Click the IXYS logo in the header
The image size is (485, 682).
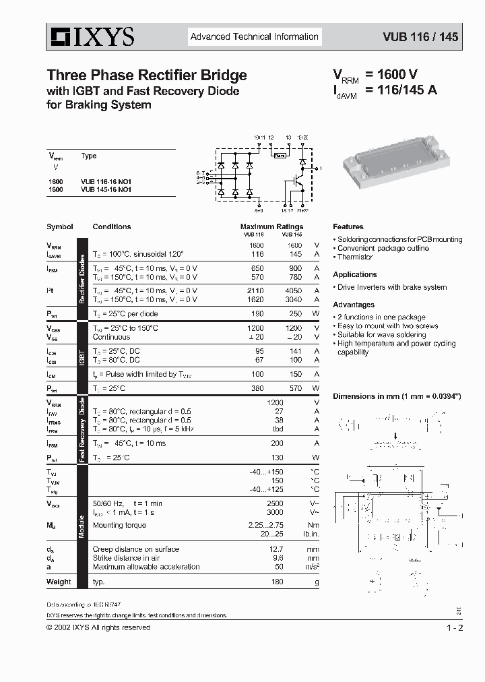(90, 36)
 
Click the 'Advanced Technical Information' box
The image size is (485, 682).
(254, 36)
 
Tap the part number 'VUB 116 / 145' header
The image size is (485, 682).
(420, 37)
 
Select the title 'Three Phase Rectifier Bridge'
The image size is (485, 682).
(146, 75)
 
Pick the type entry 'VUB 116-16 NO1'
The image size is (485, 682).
(106, 182)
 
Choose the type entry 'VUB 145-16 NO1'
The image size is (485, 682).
(106, 190)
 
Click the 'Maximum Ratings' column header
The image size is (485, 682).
(271, 227)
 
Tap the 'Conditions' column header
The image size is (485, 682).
(112, 227)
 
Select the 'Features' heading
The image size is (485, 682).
(348, 227)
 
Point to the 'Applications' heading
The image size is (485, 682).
(354, 274)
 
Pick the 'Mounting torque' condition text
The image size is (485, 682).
(120, 525)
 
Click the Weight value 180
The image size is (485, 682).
(276, 582)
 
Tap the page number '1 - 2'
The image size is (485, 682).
(455, 628)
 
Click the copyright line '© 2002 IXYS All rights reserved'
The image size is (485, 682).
(98, 628)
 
